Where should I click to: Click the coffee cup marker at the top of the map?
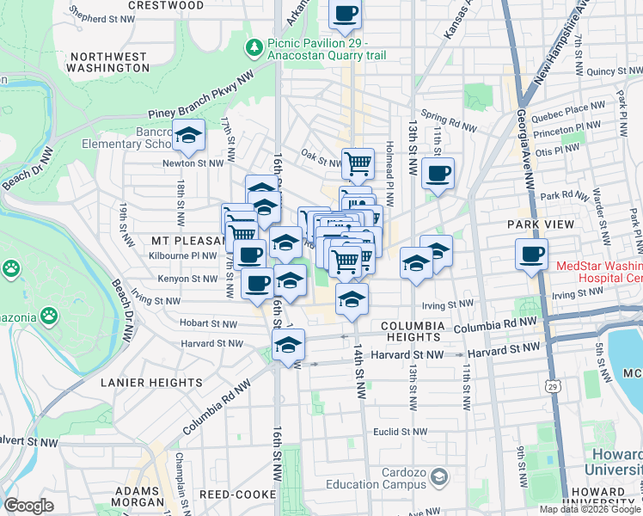pos(345,15)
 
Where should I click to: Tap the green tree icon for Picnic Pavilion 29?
pos(254,45)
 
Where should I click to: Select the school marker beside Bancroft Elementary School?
pos(188,135)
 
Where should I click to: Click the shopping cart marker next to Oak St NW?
pos(358,162)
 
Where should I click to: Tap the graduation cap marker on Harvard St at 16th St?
pos(288,345)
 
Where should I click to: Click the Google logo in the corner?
pos(28,506)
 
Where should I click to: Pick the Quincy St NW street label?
pos(612,71)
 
